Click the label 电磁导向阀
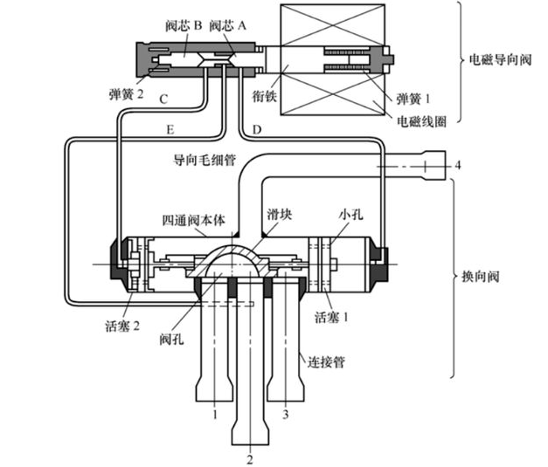500,59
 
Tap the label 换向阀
481,277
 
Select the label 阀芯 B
184,26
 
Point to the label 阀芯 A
227,26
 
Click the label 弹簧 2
126,94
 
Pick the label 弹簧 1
413,99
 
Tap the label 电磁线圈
421,121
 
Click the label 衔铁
265,96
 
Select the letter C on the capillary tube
163,100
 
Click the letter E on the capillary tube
170,130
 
